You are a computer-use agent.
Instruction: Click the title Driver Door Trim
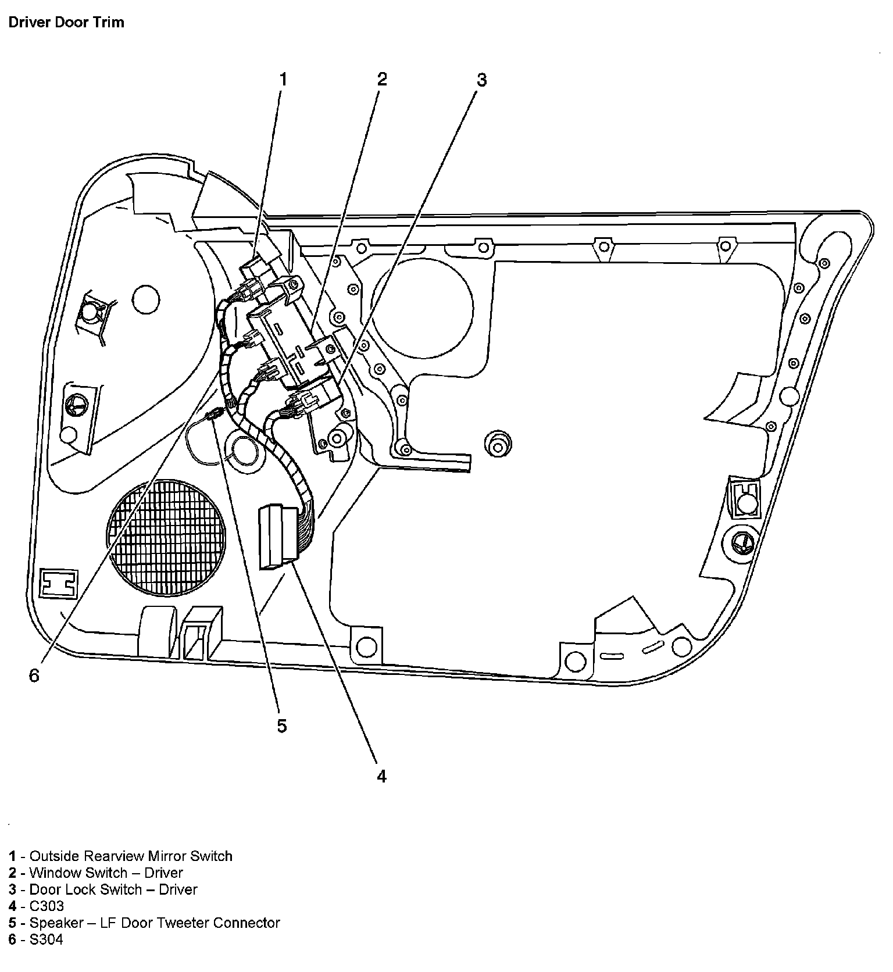click(x=66, y=23)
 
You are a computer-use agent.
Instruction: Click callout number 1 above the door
click(x=283, y=79)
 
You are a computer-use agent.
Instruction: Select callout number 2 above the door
click(x=381, y=79)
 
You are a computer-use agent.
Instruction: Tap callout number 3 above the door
click(x=481, y=80)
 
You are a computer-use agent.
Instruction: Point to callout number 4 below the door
click(x=381, y=776)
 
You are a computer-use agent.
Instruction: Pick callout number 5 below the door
click(x=282, y=726)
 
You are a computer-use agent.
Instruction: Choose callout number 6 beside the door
click(x=34, y=676)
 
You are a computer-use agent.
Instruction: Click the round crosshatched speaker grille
click(x=166, y=537)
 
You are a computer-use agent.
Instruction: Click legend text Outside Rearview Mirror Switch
click(x=131, y=856)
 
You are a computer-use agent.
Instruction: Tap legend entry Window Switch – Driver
click(x=106, y=873)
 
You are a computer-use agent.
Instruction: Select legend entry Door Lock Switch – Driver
click(x=113, y=889)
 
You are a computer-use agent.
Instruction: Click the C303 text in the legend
click(x=47, y=906)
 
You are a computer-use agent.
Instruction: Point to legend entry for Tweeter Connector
click(x=155, y=923)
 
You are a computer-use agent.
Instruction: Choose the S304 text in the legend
click(x=46, y=939)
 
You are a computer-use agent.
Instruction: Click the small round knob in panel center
click(x=498, y=444)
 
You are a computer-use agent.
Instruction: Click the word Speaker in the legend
click(x=55, y=923)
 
